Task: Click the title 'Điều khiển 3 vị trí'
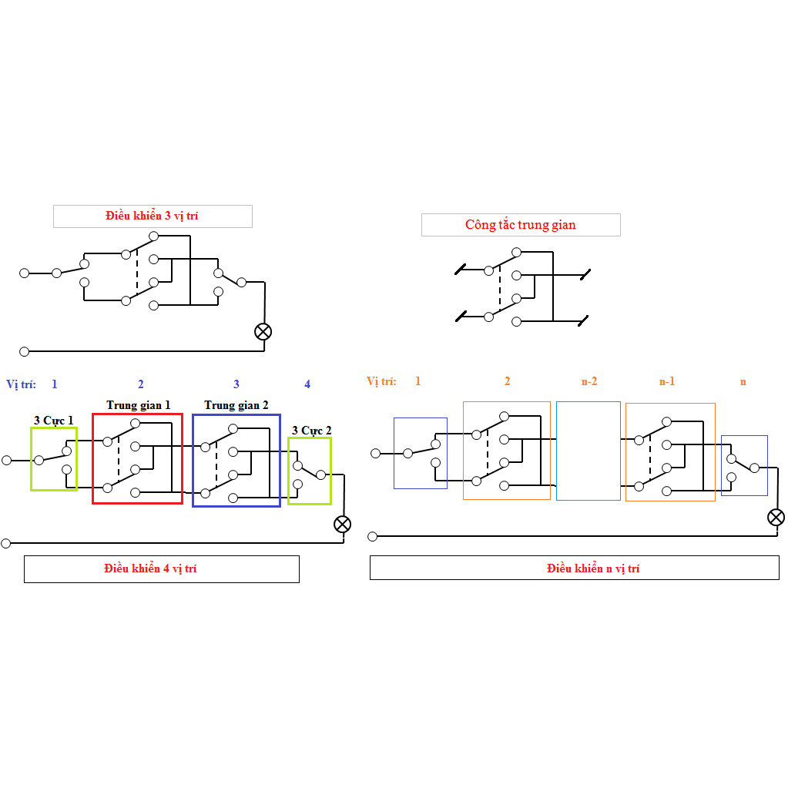[x=152, y=216]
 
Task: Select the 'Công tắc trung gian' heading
[x=521, y=225]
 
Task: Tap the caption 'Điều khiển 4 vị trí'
[x=150, y=568]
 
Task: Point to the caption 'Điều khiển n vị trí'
[x=593, y=568]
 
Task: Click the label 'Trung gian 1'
[x=138, y=405]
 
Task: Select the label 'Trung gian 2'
[x=236, y=405]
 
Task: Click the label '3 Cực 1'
[x=54, y=421]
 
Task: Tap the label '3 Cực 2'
[x=312, y=431]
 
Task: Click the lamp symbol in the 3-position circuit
[x=263, y=332]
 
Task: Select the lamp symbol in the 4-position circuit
[x=342, y=524]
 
